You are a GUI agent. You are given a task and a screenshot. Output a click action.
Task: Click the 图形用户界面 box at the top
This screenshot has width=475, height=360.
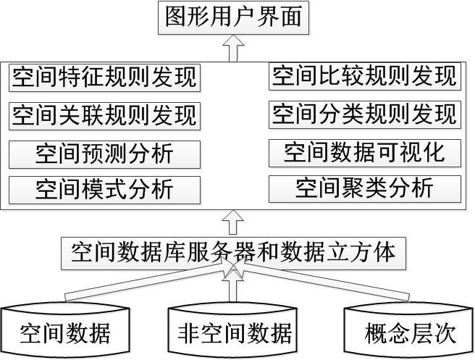pos(232,17)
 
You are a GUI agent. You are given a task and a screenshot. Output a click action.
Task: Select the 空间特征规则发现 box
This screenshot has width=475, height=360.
pos(104,78)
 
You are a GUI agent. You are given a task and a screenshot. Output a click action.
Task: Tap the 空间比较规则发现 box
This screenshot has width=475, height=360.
pos(365,76)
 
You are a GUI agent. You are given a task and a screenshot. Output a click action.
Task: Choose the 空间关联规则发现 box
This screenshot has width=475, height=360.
pos(104,116)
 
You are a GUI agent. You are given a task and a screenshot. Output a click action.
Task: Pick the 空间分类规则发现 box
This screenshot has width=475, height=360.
pos(365,114)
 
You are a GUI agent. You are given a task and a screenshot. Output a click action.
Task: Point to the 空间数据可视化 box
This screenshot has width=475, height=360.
pos(365,153)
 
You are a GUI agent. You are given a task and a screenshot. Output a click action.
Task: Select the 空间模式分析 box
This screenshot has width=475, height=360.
pos(104,190)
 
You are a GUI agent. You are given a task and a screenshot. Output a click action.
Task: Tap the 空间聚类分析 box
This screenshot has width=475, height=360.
pos(365,188)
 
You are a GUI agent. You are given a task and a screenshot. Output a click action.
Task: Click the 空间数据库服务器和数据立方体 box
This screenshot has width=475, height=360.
pos(233,252)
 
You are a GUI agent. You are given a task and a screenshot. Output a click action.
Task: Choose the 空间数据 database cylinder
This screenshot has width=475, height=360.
pos(66,331)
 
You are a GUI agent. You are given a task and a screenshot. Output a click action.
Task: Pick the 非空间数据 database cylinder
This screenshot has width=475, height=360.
pos(233,331)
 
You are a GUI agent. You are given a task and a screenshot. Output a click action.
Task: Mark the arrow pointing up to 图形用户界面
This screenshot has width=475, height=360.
pos(232,49)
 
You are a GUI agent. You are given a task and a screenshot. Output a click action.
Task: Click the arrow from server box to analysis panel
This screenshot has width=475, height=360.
pos(232,221)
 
